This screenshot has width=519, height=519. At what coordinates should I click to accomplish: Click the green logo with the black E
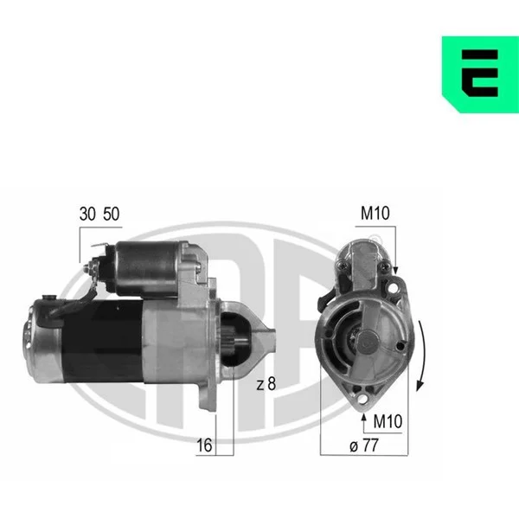[481, 74]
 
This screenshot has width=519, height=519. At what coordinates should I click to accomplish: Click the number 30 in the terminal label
[87, 214]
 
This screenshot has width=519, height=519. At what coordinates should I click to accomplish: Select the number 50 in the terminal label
[112, 214]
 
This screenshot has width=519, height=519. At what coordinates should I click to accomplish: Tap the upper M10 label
[375, 213]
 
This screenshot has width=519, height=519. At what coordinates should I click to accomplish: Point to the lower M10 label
[388, 421]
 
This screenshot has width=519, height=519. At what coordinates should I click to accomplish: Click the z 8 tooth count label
[266, 383]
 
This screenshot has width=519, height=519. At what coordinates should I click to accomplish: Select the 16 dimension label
[204, 445]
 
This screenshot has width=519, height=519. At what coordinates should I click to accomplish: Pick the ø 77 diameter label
[363, 445]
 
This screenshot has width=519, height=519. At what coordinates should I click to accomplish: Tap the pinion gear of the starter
[229, 341]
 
